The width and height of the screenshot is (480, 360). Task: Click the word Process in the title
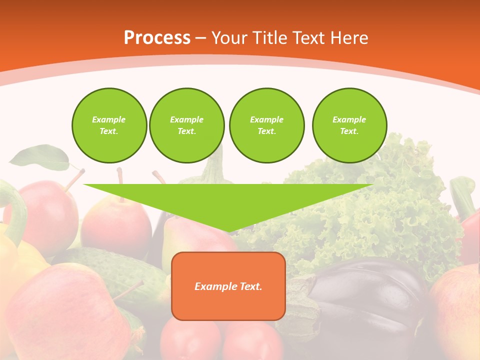(x=157, y=38)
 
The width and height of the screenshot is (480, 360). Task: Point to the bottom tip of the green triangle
(x=228, y=231)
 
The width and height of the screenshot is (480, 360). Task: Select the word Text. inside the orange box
(x=251, y=286)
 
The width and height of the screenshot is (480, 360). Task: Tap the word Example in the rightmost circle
(x=349, y=119)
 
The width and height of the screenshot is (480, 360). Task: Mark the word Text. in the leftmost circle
(x=109, y=131)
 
